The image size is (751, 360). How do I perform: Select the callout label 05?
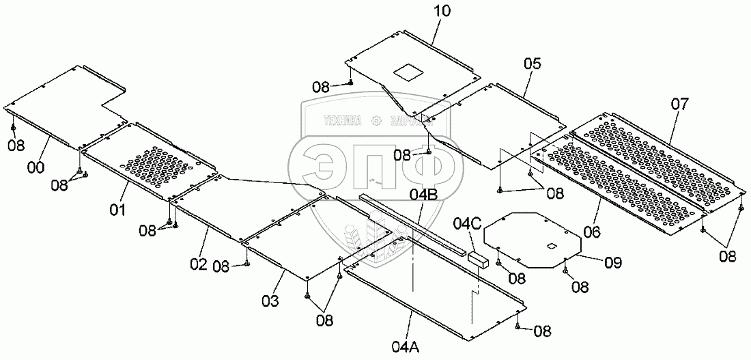(x=533, y=64)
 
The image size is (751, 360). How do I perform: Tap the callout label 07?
(x=679, y=105)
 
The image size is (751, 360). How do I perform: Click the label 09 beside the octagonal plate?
(x=613, y=260)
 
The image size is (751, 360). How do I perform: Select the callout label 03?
(x=270, y=300)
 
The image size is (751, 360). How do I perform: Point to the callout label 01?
(x=118, y=209)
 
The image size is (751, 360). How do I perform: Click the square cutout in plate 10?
(x=408, y=71)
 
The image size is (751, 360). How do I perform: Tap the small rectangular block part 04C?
(x=478, y=258)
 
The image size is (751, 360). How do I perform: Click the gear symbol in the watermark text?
(x=375, y=122)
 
